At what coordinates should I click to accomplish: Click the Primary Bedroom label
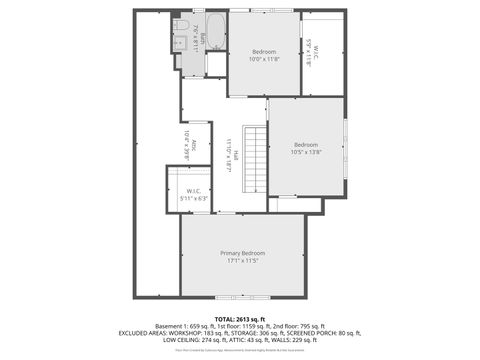pos(243,253)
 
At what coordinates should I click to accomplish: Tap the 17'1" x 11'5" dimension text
pos(243,261)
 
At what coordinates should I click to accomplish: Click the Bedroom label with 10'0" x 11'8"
pos(264,51)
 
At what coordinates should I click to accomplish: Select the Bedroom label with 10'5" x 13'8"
pos(306,144)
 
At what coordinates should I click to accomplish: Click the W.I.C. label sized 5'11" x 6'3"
pos(194,190)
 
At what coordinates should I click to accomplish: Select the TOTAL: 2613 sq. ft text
pos(240,318)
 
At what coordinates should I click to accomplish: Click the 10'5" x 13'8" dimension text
pos(306,152)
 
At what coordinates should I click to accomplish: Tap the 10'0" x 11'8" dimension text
pos(264,59)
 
